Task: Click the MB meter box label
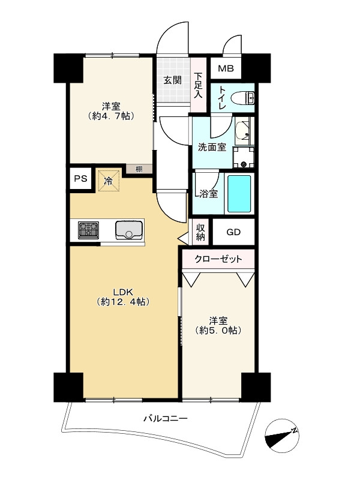tap(226, 68)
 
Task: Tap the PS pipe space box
tap(81, 178)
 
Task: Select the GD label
tap(233, 232)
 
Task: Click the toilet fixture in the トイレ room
tap(243, 98)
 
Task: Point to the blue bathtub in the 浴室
tap(239, 193)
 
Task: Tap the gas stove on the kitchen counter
tap(88, 230)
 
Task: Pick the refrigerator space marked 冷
tap(109, 181)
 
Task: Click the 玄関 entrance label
tap(172, 80)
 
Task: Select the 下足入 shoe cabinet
tap(199, 85)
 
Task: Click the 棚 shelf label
tap(139, 169)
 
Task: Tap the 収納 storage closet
tap(200, 232)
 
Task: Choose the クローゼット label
tap(218, 259)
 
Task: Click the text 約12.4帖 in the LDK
tap(124, 302)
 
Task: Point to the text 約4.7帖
tap(111, 116)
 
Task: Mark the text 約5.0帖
tap(218, 331)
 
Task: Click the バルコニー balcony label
tap(166, 418)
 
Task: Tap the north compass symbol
tap(281, 436)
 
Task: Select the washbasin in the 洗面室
tap(243, 131)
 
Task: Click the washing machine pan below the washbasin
tap(244, 157)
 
